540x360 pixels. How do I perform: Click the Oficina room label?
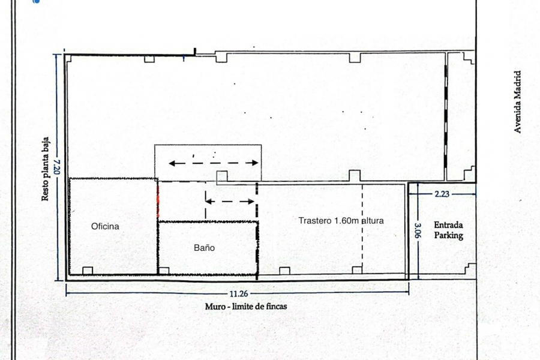[105, 226]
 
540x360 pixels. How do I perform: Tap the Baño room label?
[204, 247]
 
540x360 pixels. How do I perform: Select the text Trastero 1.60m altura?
[341, 220]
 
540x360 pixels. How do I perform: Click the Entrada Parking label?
[449, 230]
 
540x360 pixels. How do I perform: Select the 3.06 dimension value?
[418, 231]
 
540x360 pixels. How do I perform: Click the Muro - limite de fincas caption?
[246, 306]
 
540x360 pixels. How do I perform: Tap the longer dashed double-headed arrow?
[213, 163]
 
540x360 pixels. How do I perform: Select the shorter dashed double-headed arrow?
[230, 202]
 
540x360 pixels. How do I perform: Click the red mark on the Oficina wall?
[158, 200]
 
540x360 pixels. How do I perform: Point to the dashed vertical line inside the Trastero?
[362, 225]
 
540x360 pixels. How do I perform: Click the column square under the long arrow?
[222, 176]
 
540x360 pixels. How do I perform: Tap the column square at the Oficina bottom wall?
[88, 270]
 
